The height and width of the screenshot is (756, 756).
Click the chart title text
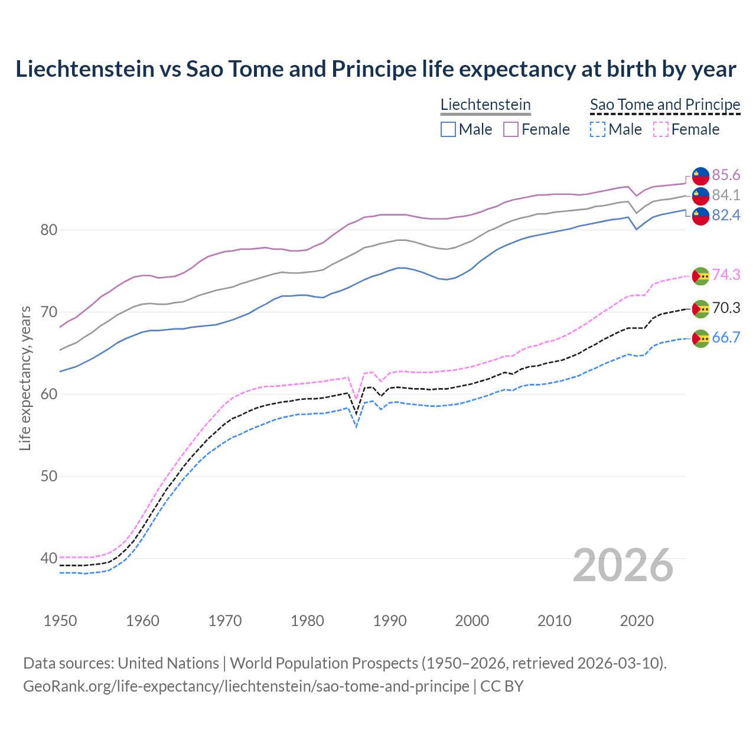[x=376, y=69]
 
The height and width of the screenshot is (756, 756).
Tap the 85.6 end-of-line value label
[x=726, y=175]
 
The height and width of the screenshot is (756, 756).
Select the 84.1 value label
[x=726, y=195]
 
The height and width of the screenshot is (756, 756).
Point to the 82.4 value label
[x=726, y=215]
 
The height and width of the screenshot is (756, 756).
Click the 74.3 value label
[x=726, y=275]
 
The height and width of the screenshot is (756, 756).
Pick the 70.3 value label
[x=726, y=308]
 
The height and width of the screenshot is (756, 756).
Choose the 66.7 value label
[x=726, y=337]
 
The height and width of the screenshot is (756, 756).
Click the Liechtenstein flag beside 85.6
[x=700, y=175]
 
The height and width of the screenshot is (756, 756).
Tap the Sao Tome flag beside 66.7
[x=700, y=338]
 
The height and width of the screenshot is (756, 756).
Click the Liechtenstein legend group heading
[x=485, y=105]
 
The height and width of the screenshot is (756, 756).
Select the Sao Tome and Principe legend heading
[x=665, y=105]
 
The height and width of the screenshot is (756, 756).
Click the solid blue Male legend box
[x=448, y=129]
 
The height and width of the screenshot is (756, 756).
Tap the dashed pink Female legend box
[x=661, y=129]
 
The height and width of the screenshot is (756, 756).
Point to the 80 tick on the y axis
[x=48, y=230]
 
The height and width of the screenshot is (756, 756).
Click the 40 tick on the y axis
[x=48, y=558]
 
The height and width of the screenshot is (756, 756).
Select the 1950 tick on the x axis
[x=60, y=621]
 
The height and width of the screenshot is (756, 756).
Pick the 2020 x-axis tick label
[x=637, y=621]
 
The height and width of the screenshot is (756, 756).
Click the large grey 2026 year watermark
[x=623, y=565]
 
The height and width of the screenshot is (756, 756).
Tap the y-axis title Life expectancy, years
[x=25, y=378]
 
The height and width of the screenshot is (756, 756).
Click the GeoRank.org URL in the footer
[x=246, y=686]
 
